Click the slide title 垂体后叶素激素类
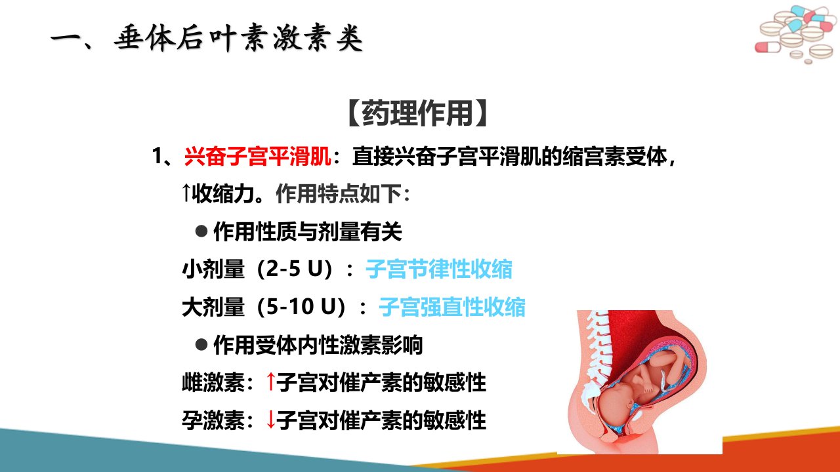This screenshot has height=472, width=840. (238, 38)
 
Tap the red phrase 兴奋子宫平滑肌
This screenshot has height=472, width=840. (258, 156)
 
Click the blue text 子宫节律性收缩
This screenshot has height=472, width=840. (439, 269)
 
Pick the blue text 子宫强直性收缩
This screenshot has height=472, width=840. (452, 307)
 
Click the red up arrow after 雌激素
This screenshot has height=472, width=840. (270, 382)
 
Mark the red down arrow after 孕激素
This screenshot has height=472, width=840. (270, 420)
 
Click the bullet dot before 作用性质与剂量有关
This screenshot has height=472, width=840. (201, 231)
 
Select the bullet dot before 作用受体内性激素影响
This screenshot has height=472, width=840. (201, 344)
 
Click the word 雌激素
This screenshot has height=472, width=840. (213, 382)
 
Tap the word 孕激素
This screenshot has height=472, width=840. (213, 420)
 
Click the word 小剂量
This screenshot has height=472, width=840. (213, 269)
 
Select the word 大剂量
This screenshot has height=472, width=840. (213, 307)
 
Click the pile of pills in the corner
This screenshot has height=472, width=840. (795, 35)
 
